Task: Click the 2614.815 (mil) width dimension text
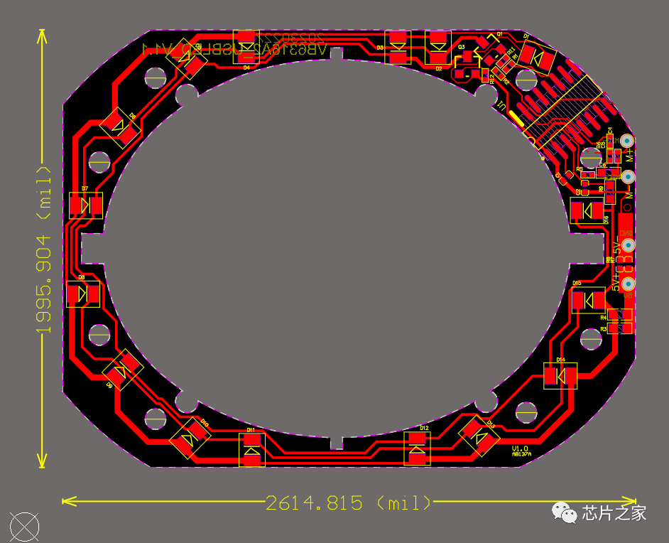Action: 348,503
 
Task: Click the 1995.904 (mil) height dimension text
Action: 44,249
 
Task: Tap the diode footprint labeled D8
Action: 83,294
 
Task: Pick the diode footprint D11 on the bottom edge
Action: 251,450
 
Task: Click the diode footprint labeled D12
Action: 418,448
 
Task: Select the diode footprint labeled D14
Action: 560,375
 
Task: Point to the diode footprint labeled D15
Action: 589,300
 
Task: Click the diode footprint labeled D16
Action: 587,210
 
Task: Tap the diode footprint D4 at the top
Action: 246,47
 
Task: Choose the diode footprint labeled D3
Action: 398,47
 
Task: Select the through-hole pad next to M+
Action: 627,141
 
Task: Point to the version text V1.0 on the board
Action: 520,448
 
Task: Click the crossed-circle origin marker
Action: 25,527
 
